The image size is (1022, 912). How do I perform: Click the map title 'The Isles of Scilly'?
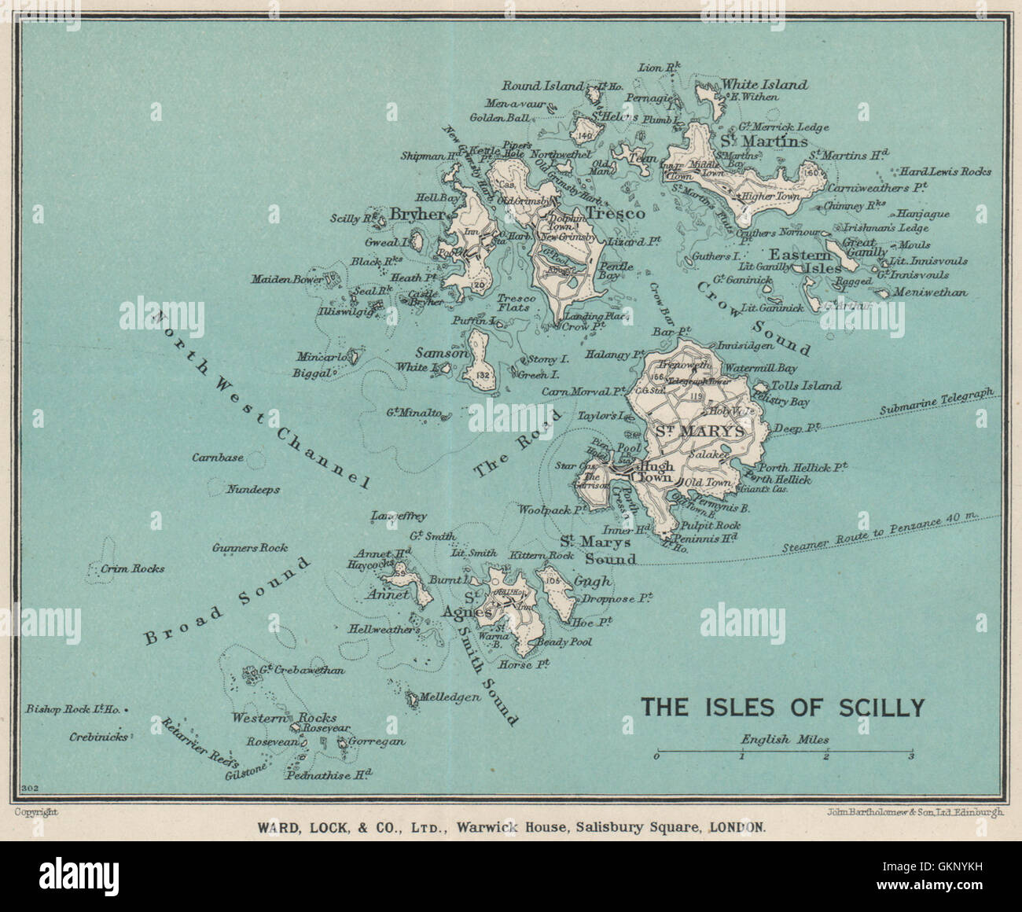point(782,707)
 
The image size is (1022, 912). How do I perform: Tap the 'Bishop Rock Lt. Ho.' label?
point(72,709)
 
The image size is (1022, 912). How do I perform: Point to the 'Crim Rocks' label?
point(133,568)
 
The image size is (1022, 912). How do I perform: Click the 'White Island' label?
point(764,84)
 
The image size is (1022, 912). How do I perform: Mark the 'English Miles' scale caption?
point(784,739)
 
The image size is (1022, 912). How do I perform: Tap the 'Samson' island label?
point(447,354)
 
